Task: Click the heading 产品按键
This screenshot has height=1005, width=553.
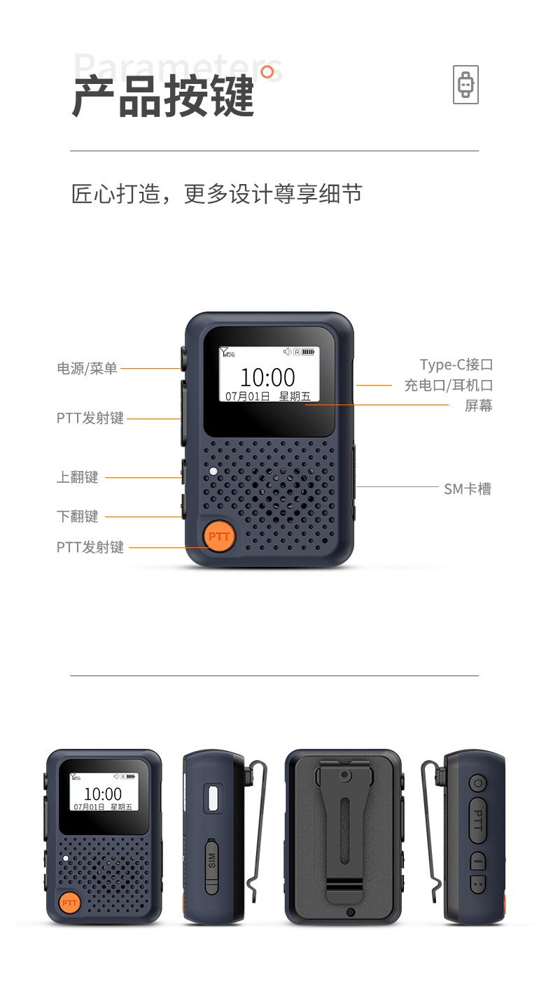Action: pyautogui.click(x=163, y=97)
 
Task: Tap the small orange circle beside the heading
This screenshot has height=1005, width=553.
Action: pyautogui.click(x=267, y=72)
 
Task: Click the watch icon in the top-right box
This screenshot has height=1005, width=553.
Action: pyautogui.click(x=465, y=85)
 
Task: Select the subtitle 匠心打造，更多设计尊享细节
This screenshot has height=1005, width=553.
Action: pyautogui.click(x=217, y=194)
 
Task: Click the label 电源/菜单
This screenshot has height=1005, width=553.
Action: pyautogui.click(x=87, y=368)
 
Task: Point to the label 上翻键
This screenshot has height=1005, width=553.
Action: pyautogui.click(x=77, y=477)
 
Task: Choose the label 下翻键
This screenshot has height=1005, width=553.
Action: pyautogui.click(x=77, y=516)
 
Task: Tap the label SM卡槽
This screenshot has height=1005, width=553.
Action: pyautogui.click(x=468, y=489)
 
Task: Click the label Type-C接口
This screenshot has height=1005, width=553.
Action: pyautogui.click(x=456, y=365)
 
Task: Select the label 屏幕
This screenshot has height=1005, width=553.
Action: pyautogui.click(x=478, y=406)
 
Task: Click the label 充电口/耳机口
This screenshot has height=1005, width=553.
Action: pyautogui.click(x=449, y=385)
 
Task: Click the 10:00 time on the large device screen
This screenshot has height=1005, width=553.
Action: pyautogui.click(x=267, y=377)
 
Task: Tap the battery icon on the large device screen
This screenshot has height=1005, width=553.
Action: pyautogui.click(x=308, y=352)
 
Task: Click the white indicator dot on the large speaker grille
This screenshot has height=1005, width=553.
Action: pyautogui.click(x=213, y=471)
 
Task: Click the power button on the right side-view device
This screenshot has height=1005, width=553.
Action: pyautogui.click(x=477, y=783)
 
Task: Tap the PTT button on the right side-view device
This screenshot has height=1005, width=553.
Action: pyautogui.click(x=477, y=820)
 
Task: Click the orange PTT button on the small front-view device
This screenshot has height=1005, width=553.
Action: pyautogui.click(x=69, y=903)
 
